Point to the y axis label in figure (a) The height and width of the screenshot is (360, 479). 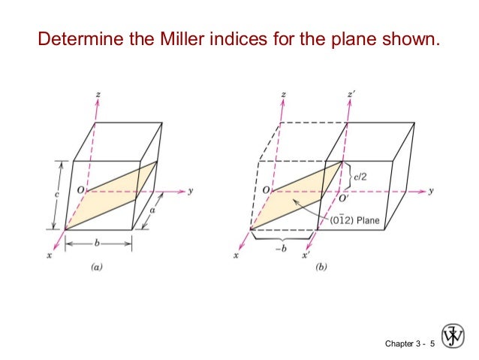pos(190,192)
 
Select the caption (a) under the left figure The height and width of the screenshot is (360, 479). pos(97,265)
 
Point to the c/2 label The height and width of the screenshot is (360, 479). pos(362,176)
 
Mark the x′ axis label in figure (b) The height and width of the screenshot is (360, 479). pos(306,256)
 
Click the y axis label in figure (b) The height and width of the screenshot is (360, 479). pos(432,192)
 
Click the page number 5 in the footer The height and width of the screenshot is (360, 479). pos(432,343)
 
